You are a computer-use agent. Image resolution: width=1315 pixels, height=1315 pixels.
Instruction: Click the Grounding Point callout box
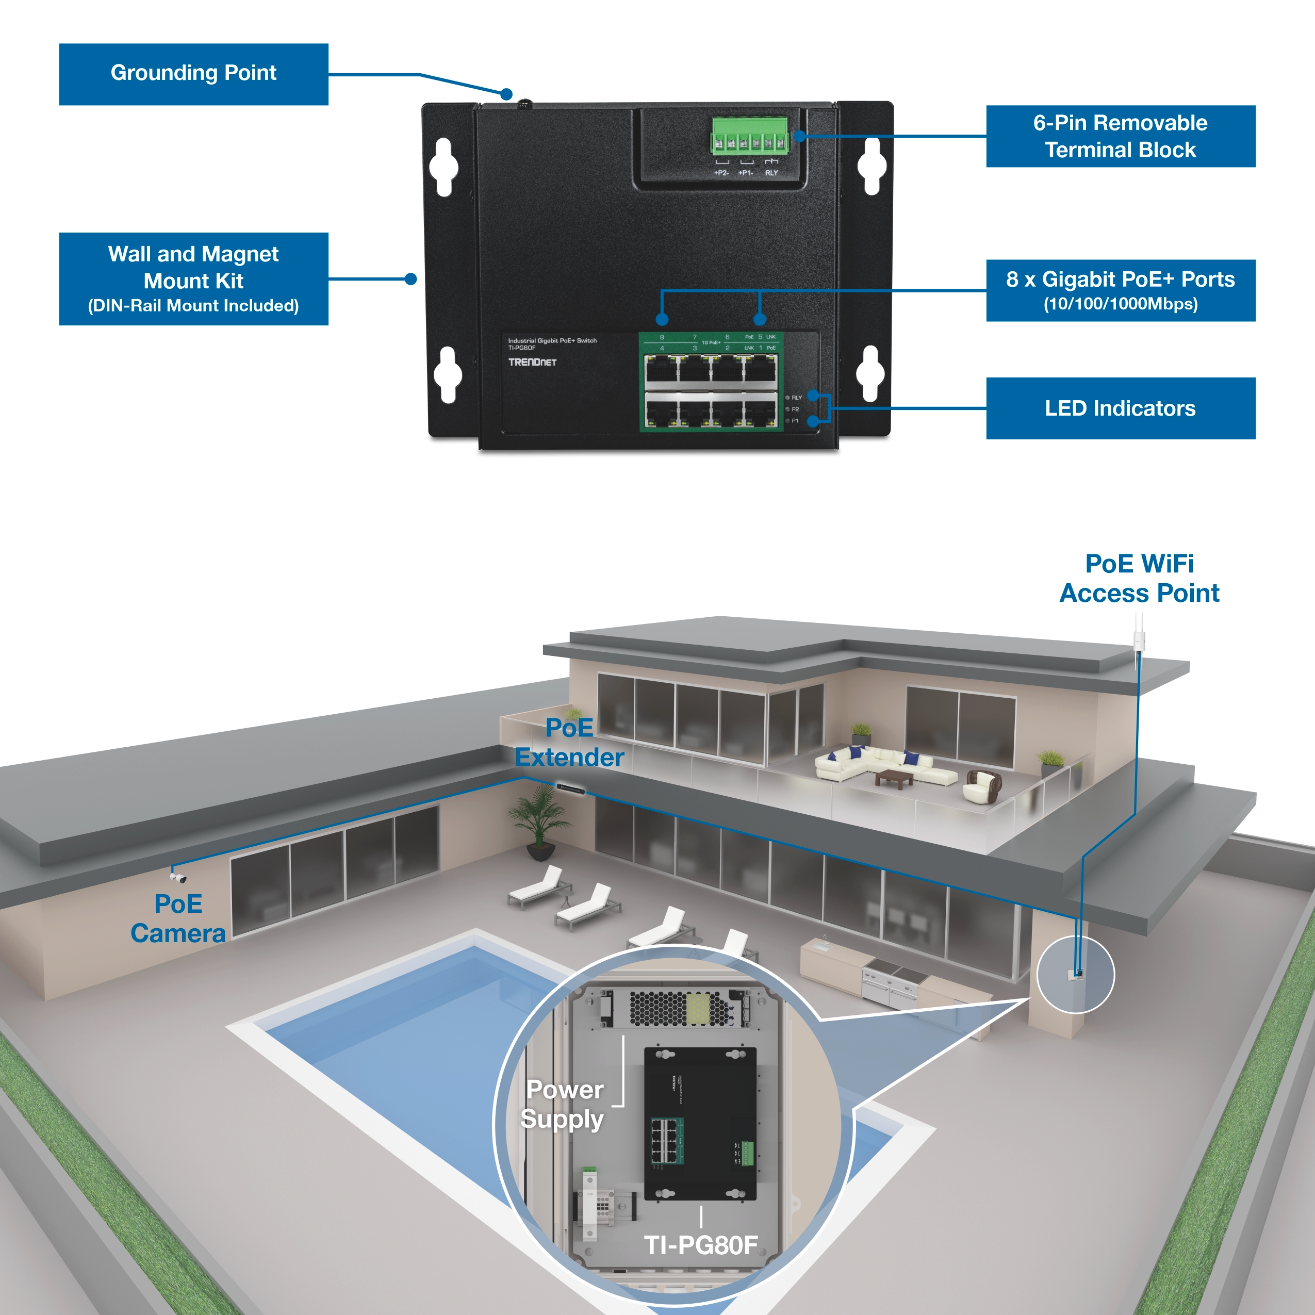pos(193,74)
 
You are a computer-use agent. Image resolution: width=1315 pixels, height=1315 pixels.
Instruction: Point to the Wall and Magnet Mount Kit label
pos(193,279)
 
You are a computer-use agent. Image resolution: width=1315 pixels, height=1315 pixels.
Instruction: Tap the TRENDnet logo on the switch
pos(532,362)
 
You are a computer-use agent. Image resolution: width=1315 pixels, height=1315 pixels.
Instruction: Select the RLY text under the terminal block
pos(771,173)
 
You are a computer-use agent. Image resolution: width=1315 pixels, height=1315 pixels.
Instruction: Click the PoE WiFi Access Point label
pos(1139,579)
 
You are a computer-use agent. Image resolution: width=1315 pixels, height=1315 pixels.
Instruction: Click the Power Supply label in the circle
pos(563,1104)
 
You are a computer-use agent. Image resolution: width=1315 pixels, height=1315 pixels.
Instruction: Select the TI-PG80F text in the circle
pos(700,1245)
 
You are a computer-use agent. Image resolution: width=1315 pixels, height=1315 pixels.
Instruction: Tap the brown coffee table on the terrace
pos(894,778)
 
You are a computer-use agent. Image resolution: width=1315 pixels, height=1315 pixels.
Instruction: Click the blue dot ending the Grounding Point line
pos(506,94)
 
